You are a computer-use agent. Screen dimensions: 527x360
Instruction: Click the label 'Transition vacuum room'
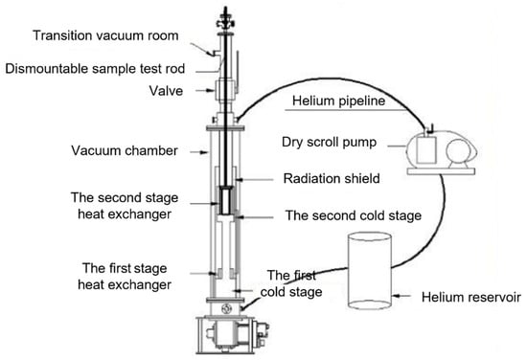click(x=105, y=35)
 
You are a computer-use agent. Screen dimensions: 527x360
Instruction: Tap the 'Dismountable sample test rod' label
click(x=95, y=69)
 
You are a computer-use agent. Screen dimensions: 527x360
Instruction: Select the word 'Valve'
click(x=166, y=91)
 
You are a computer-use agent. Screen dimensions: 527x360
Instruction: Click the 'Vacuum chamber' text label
click(x=125, y=150)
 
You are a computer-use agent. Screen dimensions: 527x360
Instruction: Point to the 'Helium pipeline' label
click(x=339, y=101)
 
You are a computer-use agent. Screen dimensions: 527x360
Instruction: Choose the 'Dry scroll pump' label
click(x=329, y=142)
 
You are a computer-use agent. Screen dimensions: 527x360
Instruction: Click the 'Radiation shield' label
click(x=332, y=178)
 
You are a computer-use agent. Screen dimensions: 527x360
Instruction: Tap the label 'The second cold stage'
click(x=354, y=215)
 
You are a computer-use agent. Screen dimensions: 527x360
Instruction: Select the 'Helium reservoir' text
click(x=471, y=297)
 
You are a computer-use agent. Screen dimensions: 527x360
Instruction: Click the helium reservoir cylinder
click(x=369, y=270)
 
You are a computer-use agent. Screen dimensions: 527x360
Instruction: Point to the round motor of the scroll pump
click(x=457, y=152)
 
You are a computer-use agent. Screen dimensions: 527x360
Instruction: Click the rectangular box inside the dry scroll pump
click(x=426, y=149)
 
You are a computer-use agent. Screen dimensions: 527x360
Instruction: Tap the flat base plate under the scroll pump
click(x=441, y=171)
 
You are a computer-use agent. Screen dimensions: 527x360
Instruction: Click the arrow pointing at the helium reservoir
click(x=401, y=296)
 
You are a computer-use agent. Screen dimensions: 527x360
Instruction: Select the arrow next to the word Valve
click(x=205, y=90)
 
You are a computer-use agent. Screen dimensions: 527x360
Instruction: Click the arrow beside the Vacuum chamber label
click(x=199, y=152)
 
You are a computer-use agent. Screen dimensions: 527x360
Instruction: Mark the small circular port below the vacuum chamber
click(x=226, y=308)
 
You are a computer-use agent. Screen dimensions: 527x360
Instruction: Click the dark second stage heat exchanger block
click(x=225, y=201)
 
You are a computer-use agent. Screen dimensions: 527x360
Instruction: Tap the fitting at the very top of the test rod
click(x=225, y=20)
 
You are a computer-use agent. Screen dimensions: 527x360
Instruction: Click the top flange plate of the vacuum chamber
click(x=225, y=128)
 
